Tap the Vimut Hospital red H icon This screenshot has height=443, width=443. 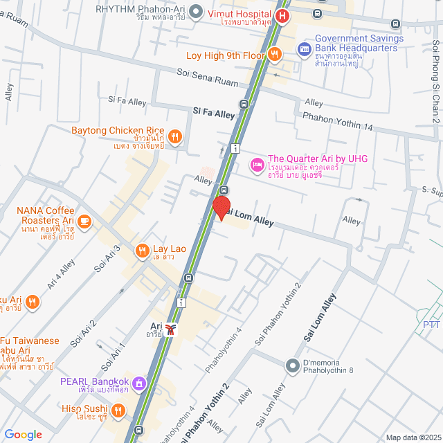point(282,17)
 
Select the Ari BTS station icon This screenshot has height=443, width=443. point(171,329)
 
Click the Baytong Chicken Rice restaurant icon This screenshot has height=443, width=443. point(175,136)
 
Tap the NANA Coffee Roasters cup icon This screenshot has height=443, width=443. point(84,221)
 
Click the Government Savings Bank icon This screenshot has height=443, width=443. point(303,49)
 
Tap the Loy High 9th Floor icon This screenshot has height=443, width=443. point(275,55)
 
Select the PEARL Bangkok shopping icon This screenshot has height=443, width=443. point(139,382)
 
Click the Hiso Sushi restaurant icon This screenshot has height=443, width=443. point(118,410)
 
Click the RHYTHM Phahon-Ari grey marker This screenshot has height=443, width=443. point(196,10)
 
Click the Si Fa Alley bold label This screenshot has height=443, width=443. point(214,111)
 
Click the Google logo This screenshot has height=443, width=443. point(24,435)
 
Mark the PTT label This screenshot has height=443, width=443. point(431,324)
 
